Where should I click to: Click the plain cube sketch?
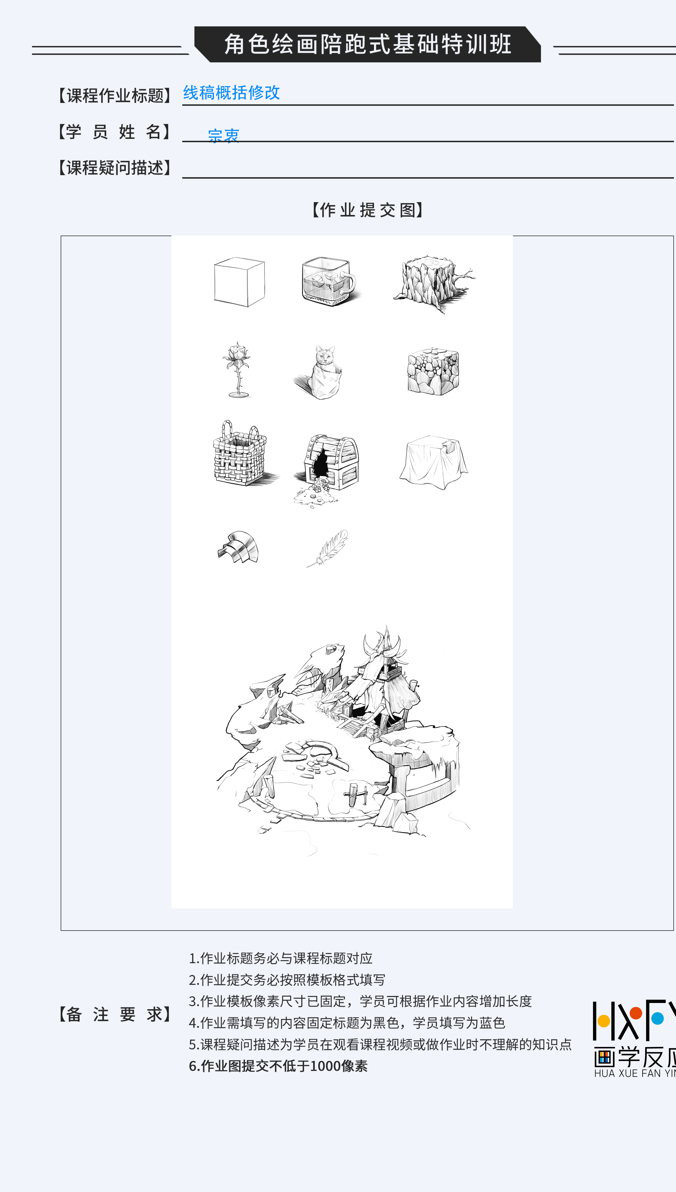click(x=239, y=282)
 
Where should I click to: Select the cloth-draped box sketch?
click(x=434, y=462)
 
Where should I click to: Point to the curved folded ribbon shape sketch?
click(x=238, y=547)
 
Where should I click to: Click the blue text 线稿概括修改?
click(x=231, y=92)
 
